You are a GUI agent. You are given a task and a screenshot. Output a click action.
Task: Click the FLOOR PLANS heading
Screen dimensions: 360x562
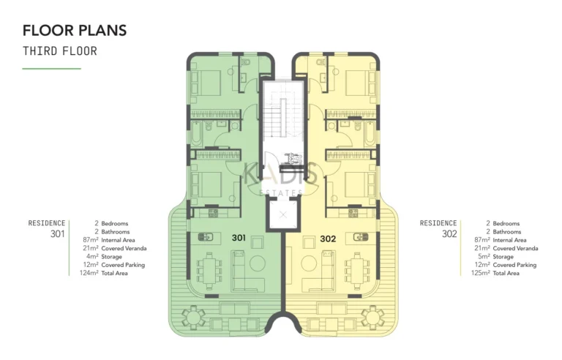pyautogui.click(x=74, y=30)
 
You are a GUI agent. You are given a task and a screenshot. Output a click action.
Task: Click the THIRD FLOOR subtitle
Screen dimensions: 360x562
pyautogui.click(x=59, y=51)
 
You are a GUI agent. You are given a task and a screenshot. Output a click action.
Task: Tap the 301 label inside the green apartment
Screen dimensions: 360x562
pyautogui.click(x=239, y=238)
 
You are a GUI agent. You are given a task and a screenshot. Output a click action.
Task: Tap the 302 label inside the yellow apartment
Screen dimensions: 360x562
pyautogui.click(x=328, y=238)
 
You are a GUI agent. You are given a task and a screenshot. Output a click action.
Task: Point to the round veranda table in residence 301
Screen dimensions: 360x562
pyautogui.click(x=194, y=316)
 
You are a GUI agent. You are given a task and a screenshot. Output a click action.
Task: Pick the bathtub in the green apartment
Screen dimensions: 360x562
pyautogui.click(x=198, y=133)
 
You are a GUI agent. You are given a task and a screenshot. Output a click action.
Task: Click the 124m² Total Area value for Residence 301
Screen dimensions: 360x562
pyautogui.click(x=89, y=273)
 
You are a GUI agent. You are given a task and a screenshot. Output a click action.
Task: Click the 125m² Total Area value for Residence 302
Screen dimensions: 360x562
pyautogui.click(x=482, y=273)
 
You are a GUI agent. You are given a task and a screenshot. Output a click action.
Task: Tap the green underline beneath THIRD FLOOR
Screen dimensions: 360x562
pyautogui.click(x=51, y=69)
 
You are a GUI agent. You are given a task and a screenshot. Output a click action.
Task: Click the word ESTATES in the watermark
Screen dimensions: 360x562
pyautogui.click(x=281, y=193)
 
